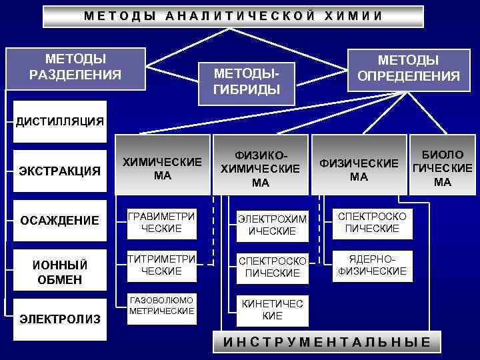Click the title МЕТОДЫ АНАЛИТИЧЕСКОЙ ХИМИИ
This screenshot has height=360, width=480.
pos(233,16)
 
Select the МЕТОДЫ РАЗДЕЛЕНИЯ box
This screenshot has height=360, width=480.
pos(75,68)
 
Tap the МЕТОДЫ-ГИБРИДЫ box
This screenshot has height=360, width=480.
pos(246,81)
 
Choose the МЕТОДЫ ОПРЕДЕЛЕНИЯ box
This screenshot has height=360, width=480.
pos(409,68)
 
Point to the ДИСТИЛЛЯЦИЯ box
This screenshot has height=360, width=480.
pos(60,121)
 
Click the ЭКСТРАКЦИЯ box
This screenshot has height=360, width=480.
pos(60,171)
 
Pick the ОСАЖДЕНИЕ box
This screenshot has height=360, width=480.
pos(60,221)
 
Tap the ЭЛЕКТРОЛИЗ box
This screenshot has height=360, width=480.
pos(60,319)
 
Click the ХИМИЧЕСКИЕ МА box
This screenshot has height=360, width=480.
pos(163,169)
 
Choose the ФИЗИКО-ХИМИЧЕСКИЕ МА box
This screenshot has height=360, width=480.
pos(260,169)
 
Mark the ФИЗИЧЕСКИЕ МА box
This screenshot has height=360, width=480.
pos(359,169)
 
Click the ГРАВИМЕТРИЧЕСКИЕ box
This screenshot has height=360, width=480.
pos(162,223)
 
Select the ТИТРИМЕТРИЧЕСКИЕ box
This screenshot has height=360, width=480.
pos(162,265)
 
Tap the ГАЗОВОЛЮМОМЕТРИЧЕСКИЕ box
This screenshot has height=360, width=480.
pos(162,307)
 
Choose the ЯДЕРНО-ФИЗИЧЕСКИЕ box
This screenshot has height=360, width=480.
pos(372,265)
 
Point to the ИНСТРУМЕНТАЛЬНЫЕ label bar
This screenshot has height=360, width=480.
pos(326,343)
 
